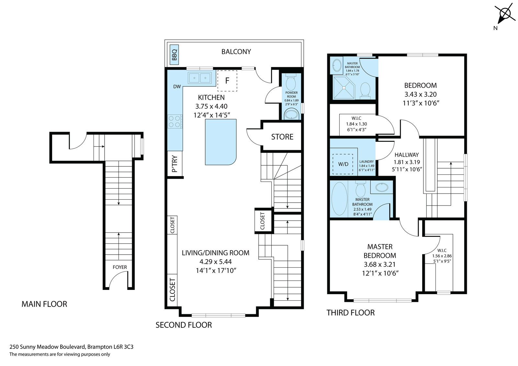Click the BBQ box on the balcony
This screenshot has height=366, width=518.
point(174,55)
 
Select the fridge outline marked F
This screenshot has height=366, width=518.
point(227,81)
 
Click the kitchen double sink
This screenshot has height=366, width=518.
point(199,78)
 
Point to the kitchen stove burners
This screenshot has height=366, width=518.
point(175,122)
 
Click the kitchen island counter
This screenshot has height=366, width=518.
point(220,142)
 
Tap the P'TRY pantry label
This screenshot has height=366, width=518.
point(175,164)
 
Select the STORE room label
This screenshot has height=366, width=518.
point(282,137)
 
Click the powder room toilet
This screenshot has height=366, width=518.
point(291,82)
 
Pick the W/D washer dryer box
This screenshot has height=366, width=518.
point(343,164)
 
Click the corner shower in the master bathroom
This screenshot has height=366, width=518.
point(343,88)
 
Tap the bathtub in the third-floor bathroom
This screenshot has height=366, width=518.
point(339,199)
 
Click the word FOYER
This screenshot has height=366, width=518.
point(120,267)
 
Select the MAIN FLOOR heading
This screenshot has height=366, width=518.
point(44,304)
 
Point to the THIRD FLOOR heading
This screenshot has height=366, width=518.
point(350,313)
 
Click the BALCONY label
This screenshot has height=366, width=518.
point(236,51)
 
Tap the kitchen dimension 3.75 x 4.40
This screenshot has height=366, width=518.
point(211,106)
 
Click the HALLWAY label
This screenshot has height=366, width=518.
point(407,155)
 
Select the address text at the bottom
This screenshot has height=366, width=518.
point(72,347)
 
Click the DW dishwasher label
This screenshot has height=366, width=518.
point(177,87)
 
